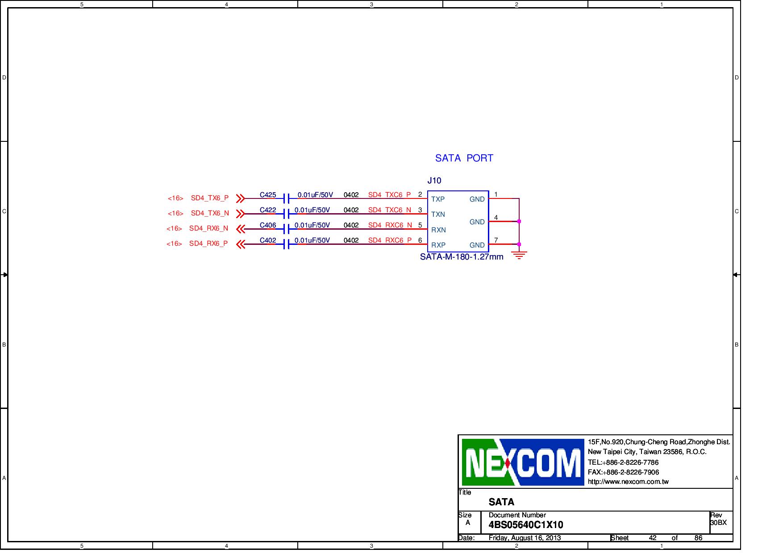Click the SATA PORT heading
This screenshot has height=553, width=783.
pyautogui.click(x=464, y=158)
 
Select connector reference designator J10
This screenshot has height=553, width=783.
pyautogui.click(x=434, y=181)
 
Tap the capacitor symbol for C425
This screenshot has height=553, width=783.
pyautogui.click(x=286, y=198)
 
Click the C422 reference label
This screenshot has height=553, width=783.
pyautogui.click(x=268, y=210)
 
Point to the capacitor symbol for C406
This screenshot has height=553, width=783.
pyautogui.click(x=286, y=229)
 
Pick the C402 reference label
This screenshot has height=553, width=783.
pyautogui.click(x=268, y=240)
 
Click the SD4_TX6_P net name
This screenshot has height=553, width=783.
pyautogui.click(x=209, y=198)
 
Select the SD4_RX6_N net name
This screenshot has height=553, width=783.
pyautogui.click(x=208, y=228)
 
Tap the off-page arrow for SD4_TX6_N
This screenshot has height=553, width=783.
pyautogui.click(x=240, y=214)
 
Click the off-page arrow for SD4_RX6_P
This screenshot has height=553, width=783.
pyautogui.click(x=240, y=244)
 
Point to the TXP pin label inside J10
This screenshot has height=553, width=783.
pyautogui.click(x=437, y=199)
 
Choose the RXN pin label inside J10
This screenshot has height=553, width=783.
pyautogui.click(x=438, y=230)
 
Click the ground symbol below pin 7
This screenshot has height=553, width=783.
pyautogui.click(x=519, y=256)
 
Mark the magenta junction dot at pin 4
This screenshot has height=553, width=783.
pyautogui.click(x=519, y=221)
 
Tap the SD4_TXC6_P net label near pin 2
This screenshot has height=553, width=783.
pyautogui.click(x=389, y=195)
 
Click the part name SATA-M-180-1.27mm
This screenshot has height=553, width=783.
pyautogui.click(x=462, y=257)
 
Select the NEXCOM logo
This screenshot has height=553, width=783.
pyautogui.click(x=523, y=462)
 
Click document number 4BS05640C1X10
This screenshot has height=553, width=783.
pyautogui.click(x=525, y=525)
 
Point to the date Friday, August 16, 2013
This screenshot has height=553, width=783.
pyautogui.click(x=525, y=538)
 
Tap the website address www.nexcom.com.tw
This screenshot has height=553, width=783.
pyautogui.click(x=628, y=482)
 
